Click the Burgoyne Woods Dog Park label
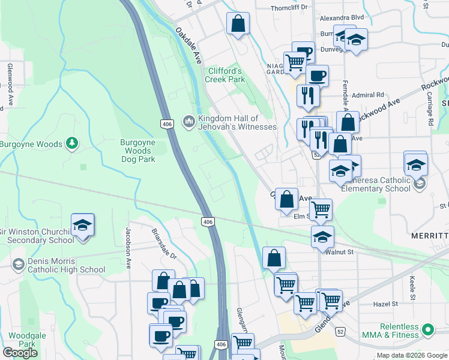pyautogui.click(x=138, y=151)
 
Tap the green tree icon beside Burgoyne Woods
pyautogui.click(x=72, y=143)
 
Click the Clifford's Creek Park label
pyautogui.click(x=226, y=75)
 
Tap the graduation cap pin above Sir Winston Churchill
pyautogui.click(x=83, y=226)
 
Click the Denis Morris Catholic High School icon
pyautogui.click(x=18, y=264)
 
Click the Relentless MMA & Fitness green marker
pyautogui.click(x=428, y=330)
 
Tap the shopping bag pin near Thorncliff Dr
pyautogui.click(x=238, y=24)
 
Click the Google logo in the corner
pyautogui.click(x=20, y=353)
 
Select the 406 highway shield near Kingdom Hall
pyautogui.click(x=167, y=124)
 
